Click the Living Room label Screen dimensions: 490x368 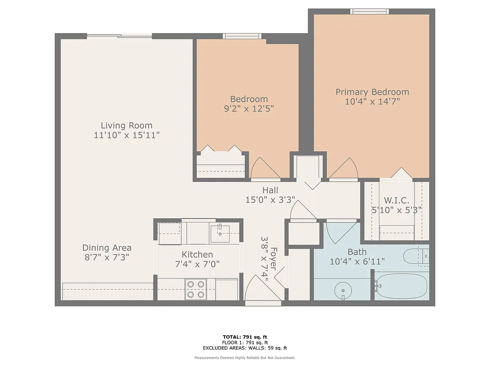point(127,126)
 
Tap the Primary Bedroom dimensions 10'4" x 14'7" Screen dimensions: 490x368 point(372,102)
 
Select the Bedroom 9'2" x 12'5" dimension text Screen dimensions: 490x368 point(249,109)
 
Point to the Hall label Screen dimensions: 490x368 point(270,191)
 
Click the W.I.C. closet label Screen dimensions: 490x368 point(396,200)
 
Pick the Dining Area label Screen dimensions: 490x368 point(107,248)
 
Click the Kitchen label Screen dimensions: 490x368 point(197,254)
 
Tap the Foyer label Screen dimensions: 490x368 point(274,259)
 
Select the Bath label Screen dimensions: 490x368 point(357,252)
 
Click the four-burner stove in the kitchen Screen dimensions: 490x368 point(196,289)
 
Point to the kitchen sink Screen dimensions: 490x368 point(220,234)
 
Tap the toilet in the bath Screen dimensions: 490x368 point(416,256)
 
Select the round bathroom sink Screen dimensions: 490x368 point(343,290)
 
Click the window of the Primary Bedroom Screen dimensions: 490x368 point(370,11)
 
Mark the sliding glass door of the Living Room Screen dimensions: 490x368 point(119,36)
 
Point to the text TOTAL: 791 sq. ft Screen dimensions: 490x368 point(245,337)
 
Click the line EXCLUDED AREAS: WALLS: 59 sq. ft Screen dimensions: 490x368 point(245,348)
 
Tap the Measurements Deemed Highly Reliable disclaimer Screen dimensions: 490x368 point(245,358)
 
